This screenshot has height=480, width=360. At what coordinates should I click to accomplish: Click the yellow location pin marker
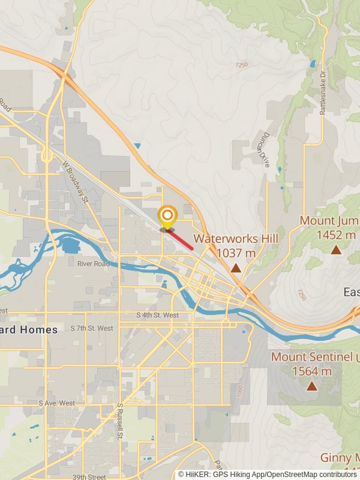[167, 217]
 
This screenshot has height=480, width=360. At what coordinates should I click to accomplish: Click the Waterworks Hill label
[236, 239]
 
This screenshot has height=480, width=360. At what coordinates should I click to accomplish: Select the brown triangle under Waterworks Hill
[236, 268]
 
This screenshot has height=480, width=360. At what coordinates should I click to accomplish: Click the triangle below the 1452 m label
[336, 250]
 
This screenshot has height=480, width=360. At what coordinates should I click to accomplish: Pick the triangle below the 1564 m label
[311, 386]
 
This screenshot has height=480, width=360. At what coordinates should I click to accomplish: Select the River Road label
[93, 263]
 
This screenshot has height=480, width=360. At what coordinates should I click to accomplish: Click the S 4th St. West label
[157, 315]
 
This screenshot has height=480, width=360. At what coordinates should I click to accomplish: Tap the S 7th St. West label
[92, 328]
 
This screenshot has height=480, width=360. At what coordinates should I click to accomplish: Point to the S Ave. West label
[57, 403]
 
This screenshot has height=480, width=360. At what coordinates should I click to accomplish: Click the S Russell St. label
[120, 421]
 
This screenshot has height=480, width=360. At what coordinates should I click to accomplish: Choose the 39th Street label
[89, 477]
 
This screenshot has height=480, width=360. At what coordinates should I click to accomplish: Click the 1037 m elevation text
[236, 253]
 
